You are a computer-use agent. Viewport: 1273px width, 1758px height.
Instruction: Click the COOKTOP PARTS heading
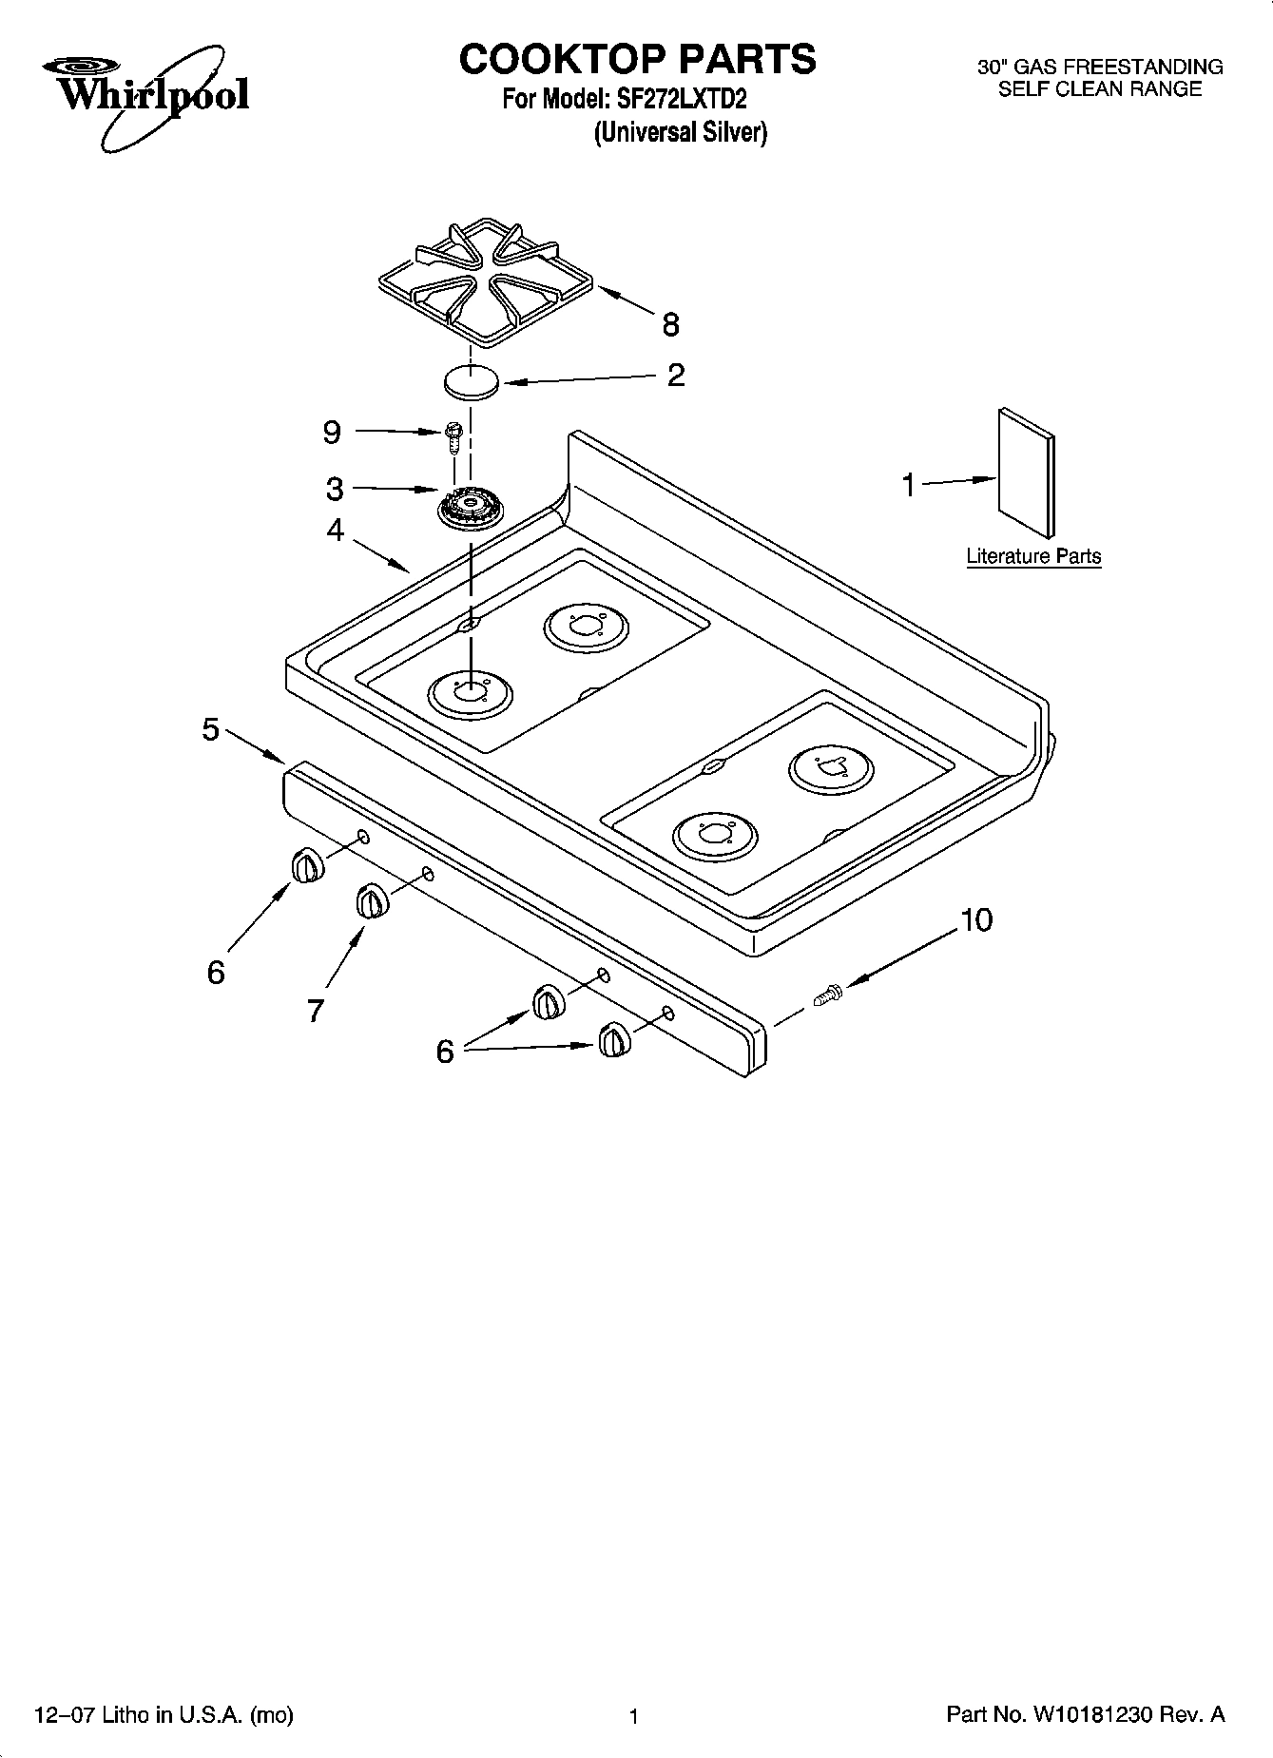[637, 59]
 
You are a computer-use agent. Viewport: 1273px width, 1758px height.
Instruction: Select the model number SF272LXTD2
[682, 99]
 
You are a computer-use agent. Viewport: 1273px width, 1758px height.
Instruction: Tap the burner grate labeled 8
[485, 281]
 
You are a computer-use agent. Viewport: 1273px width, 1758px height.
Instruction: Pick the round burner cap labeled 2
[471, 382]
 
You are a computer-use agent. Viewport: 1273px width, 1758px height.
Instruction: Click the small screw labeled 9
[454, 437]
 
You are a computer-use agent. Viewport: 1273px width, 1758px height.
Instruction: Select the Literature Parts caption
[1033, 557]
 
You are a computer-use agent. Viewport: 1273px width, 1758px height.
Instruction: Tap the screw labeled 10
[829, 995]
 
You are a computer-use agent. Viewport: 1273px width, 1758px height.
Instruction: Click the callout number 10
[976, 920]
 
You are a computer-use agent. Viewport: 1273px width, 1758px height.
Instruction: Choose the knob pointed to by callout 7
[372, 901]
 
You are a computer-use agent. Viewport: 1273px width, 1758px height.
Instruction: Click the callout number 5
[210, 730]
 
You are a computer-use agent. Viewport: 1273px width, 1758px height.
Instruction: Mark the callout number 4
[335, 531]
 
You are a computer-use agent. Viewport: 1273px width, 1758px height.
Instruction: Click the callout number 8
[670, 325]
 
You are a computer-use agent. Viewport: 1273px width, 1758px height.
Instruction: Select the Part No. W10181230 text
[1085, 1714]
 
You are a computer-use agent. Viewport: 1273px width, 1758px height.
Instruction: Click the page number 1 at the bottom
[633, 1716]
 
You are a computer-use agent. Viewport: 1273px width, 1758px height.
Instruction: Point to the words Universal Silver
[681, 132]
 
